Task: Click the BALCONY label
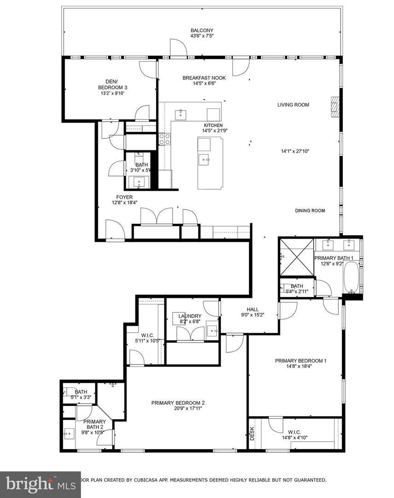click(x=202, y=30)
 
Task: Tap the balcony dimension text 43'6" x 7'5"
click(x=202, y=36)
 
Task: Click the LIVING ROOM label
click(x=293, y=105)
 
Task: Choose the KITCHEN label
click(x=214, y=125)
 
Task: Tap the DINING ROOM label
click(x=310, y=211)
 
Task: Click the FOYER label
click(x=124, y=197)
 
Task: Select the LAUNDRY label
click(x=190, y=316)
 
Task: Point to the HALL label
click(x=253, y=309)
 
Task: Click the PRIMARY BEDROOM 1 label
click(x=301, y=361)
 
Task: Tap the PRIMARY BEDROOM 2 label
click(x=178, y=403)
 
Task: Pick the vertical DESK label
click(x=252, y=434)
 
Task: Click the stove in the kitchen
click(x=165, y=138)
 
